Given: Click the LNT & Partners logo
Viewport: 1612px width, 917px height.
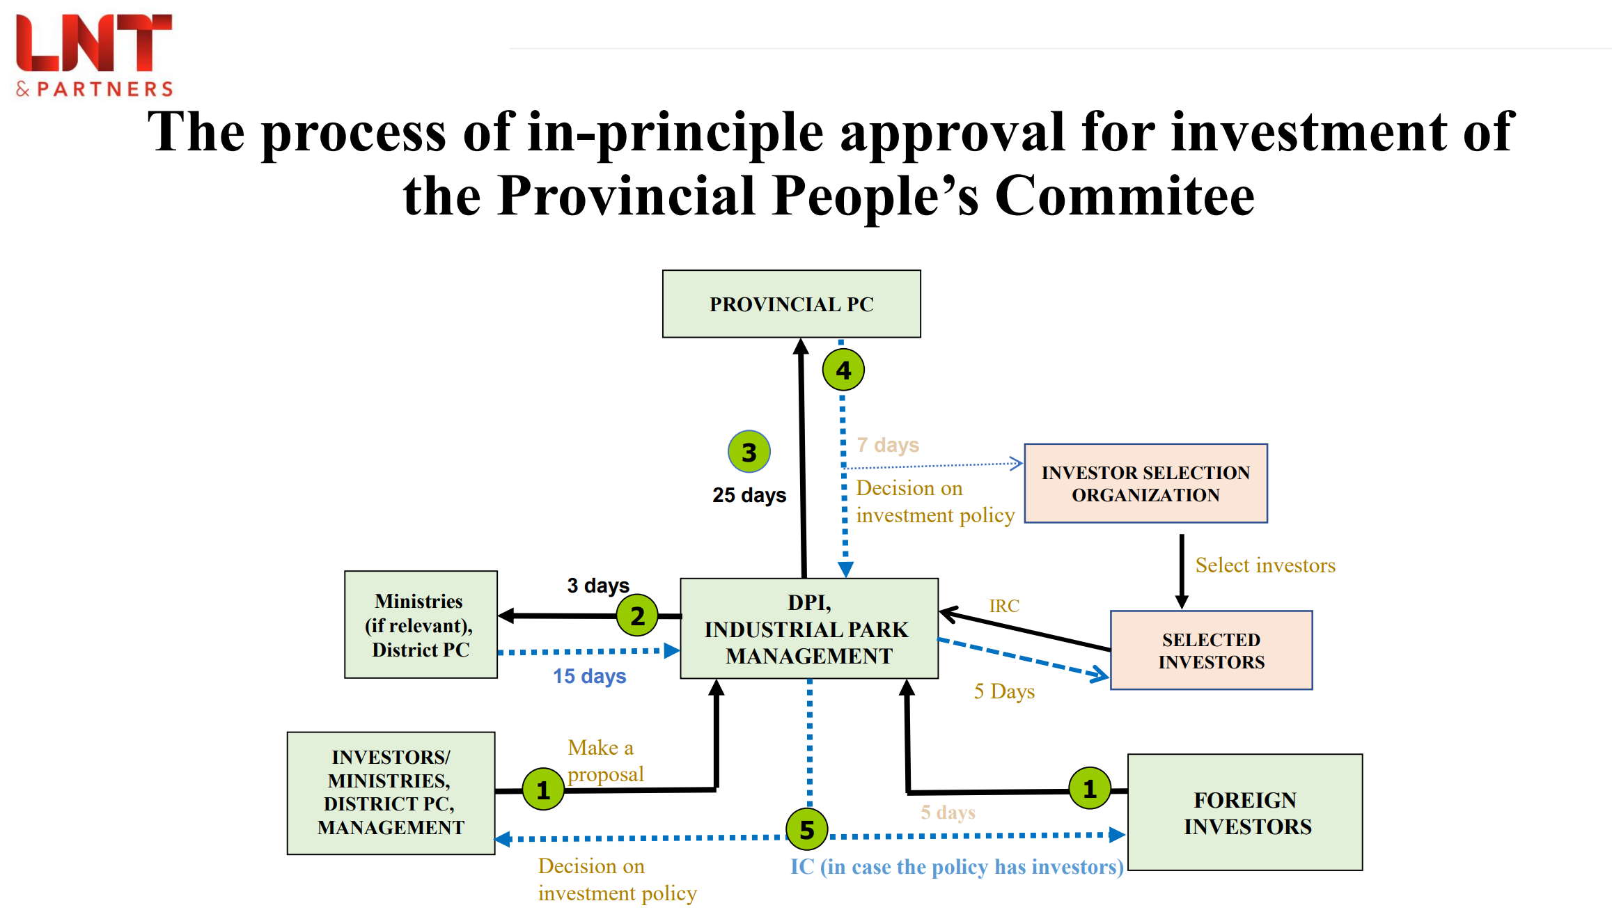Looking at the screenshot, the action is coord(94,54).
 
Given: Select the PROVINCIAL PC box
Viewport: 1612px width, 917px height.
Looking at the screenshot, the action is coord(791,304).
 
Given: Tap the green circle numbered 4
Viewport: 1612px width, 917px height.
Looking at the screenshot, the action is coord(843,370).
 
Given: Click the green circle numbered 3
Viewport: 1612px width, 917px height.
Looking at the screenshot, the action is coord(749,452).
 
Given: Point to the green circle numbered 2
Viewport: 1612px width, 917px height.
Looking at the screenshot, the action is coord(636,616).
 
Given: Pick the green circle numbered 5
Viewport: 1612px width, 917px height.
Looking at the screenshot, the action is coord(806,829).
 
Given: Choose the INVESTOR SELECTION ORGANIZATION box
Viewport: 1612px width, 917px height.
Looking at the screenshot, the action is coord(1145,484).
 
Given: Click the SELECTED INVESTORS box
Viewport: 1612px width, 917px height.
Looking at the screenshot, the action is coord(1211,650).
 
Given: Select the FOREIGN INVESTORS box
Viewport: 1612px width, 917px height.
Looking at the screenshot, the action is coord(1245,813).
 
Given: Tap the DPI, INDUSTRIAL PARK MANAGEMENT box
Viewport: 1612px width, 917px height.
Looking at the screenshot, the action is coord(808,629).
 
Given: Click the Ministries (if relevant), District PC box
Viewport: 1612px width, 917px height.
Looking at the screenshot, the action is coord(421,625).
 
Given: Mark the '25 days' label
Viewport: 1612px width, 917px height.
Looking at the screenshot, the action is coord(749,495).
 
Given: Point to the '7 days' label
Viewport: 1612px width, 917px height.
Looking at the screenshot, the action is coord(888,445).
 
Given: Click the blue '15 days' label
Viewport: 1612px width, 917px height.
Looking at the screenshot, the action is coord(589,676).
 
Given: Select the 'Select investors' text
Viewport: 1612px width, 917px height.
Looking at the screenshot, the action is coord(1265,565).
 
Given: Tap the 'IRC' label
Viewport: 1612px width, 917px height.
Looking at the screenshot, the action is coord(1004,606).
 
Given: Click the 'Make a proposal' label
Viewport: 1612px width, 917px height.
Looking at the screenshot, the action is coord(604,760).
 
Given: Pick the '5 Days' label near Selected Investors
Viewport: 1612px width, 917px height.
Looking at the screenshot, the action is coord(1004,691).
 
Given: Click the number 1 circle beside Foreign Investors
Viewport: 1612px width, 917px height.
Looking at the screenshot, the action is coord(1089,788).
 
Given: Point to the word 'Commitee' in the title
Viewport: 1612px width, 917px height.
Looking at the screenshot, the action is coord(1125,196).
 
